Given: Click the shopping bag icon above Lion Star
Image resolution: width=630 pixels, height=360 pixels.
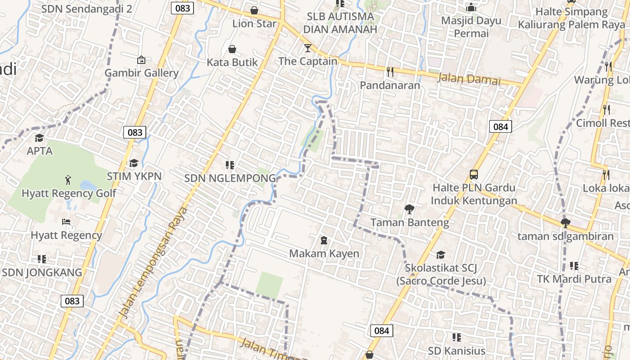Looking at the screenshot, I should pyautogui.click(x=254, y=10).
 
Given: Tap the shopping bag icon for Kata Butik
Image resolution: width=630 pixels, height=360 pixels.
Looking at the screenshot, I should pyautogui.click(x=232, y=49).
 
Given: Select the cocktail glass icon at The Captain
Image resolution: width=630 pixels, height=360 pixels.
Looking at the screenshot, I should pyautogui.click(x=308, y=48).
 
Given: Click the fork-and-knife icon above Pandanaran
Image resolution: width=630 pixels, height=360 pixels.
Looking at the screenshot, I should pyautogui.click(x=390, y=71).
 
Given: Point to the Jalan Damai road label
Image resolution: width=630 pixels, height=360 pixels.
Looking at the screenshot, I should pyautogui.click(x=469, y=79).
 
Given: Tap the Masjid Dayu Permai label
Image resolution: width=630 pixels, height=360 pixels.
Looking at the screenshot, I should pyautogui.click(x=471, y=27).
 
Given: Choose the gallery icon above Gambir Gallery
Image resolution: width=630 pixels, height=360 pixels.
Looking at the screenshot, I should pyautogui.click(x=141, y=59).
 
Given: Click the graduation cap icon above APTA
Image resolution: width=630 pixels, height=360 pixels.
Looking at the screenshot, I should pyautogui.click(x=40, y=138).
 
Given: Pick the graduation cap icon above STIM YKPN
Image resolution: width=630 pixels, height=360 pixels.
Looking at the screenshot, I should pyautogui.click(x=134, y=163).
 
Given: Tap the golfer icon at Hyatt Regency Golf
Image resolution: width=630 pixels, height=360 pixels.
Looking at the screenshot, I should pyautogui.click(x=68, y=180).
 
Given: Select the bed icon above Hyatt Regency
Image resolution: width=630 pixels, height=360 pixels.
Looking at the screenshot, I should pyautogui.click(x=66, y=222).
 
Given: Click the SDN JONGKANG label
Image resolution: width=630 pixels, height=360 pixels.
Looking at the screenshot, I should pyautogui.click(x=42, y=272).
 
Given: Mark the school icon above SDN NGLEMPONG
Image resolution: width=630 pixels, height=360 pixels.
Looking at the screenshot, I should pyautogui.click(x=230, y=165).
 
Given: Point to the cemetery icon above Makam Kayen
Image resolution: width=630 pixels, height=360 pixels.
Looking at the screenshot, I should pyautogui.click(x=324, y=240).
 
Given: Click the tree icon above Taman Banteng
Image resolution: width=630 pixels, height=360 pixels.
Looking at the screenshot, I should pyautogui.click(x=409, y=209).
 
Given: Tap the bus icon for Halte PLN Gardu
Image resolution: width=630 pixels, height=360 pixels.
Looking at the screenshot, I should pyautogui.click(x=473, y=174).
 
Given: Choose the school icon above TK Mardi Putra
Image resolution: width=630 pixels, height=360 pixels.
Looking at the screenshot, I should pyautogui.click(x=574, y=266).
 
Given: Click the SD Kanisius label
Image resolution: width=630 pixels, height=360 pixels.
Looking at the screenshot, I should pyautogui.click(x=456, y=351).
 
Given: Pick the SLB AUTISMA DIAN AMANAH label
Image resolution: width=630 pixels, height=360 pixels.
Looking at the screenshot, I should pyautogui.click(x=340, y=23).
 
